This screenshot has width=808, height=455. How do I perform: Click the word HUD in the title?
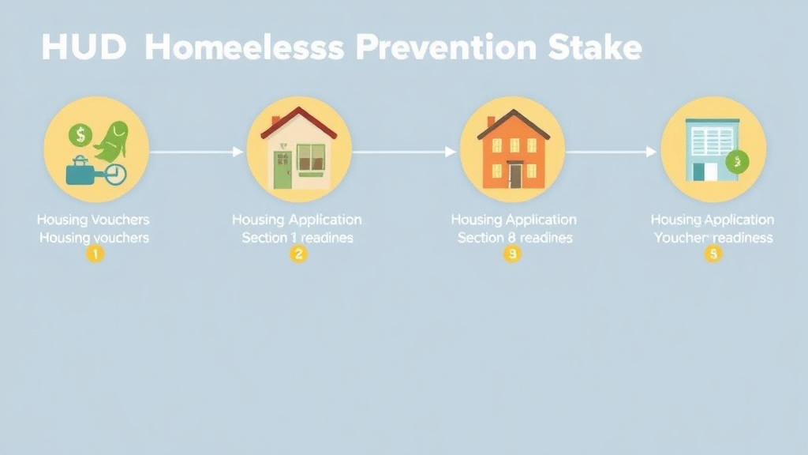click(x=83, y=48)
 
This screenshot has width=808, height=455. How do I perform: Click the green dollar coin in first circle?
click(x=80, y=135)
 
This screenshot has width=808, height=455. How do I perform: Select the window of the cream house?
click(x=311, y=157)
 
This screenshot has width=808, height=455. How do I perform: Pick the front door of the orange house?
click(x=515, y=175)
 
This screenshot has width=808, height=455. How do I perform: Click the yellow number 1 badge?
click(x=95, y=254)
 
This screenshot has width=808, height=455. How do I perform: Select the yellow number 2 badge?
click(x=298, y=254)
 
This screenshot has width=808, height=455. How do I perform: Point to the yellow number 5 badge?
click(x=713, y=254)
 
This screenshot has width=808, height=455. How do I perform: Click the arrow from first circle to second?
click(x=197, y=152)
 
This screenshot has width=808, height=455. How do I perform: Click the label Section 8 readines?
click(x=514, y=237)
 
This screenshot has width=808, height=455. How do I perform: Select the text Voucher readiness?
click(x=713, y=237)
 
